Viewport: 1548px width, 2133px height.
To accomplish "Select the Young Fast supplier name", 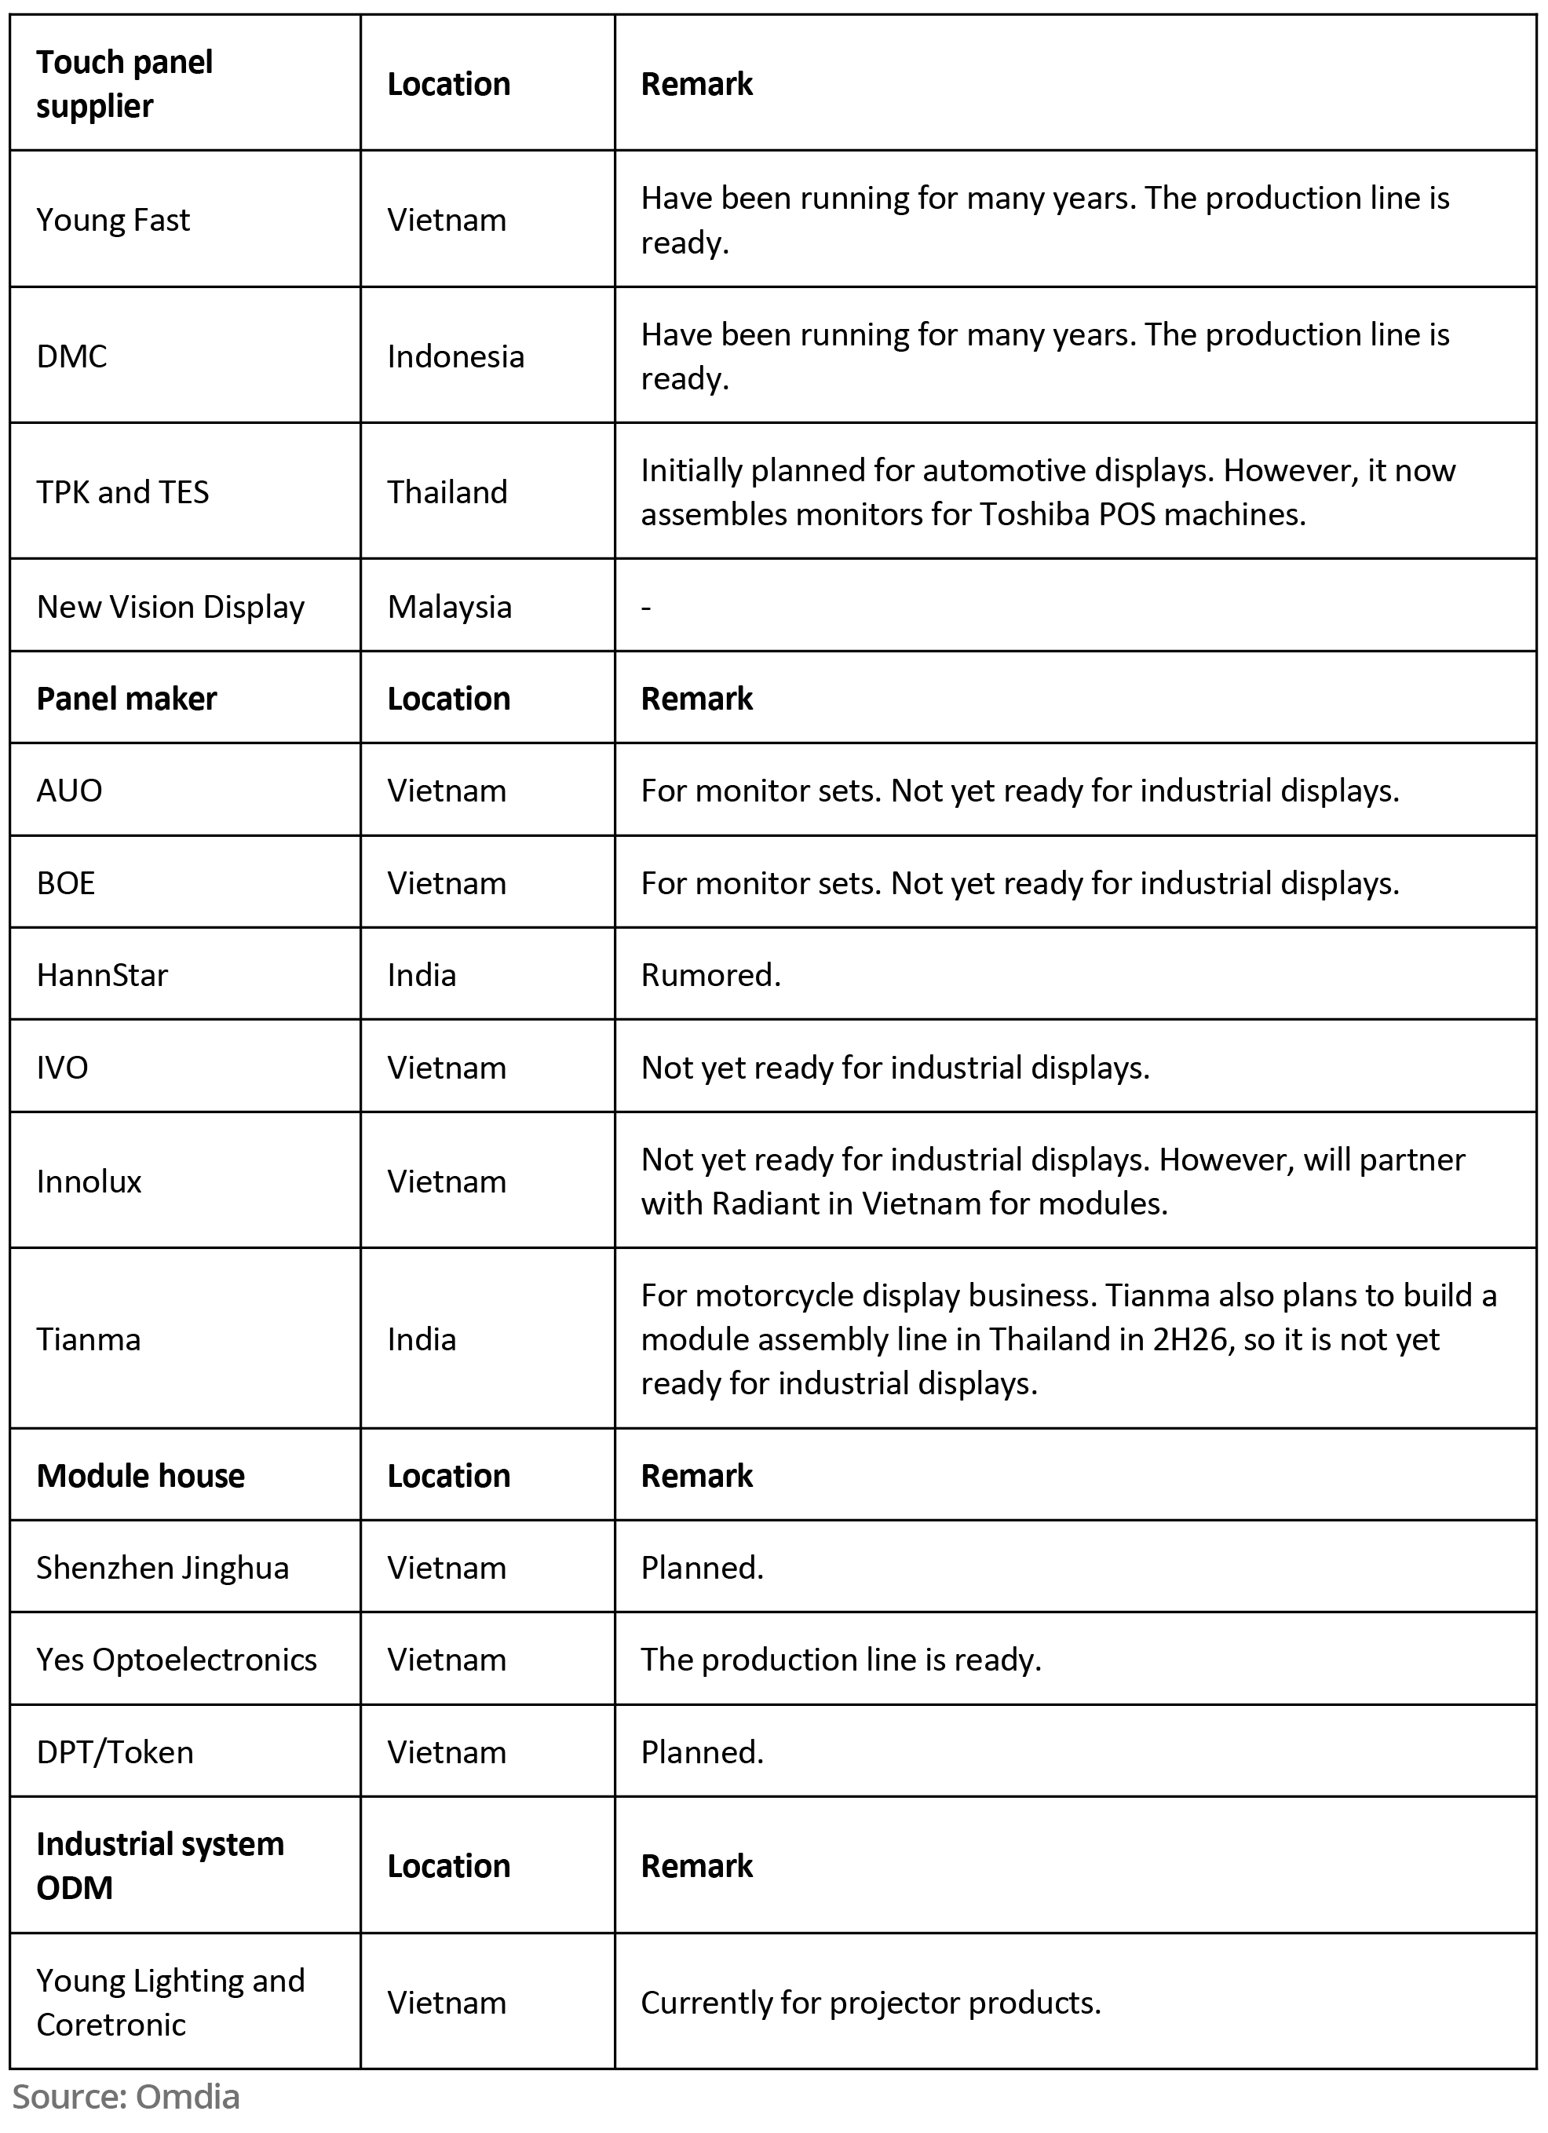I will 113,220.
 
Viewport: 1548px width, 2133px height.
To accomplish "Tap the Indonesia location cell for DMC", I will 455,356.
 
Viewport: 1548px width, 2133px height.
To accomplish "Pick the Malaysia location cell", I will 450,608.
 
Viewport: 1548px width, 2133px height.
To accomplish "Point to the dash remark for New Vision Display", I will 646,608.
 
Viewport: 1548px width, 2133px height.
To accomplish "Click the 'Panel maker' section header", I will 126,699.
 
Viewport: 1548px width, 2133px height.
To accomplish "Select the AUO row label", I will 68,791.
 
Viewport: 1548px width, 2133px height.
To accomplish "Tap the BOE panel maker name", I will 66,883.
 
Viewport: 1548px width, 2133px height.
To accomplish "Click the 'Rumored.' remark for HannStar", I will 710,975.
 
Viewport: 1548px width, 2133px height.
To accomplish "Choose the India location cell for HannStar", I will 422,975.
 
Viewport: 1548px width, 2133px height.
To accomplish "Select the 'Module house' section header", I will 141,1476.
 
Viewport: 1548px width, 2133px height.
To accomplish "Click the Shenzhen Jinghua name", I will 162,1568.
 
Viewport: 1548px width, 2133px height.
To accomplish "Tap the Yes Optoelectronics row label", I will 177,1660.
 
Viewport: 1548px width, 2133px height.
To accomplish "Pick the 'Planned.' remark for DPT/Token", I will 702,1752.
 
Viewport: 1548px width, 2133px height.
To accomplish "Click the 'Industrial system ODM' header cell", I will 160,1866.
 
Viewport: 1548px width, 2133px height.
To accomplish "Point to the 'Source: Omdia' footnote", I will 126,2096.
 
